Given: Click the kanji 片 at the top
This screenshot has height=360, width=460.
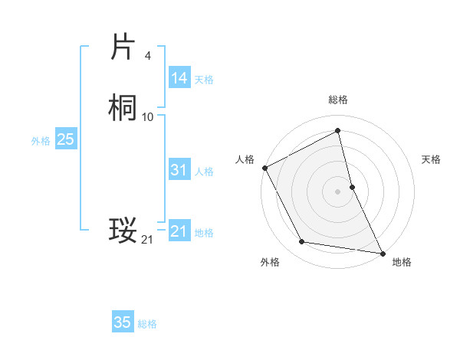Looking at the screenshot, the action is (x=123, y=48).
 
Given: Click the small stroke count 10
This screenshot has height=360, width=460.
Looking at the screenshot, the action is (x=148, y=116).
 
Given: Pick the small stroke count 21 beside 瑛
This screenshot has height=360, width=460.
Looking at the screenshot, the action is (x=147, y=240).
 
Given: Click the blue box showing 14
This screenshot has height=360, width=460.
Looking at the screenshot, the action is (x=179, y=78).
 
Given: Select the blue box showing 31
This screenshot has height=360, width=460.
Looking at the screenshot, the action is (x=179, y=170).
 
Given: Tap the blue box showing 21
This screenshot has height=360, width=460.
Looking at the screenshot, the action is (x=179, y=231).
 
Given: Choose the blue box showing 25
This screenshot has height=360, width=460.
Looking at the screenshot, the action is (x=65, y=139).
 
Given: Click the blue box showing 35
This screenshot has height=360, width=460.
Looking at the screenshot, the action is (x=123, y=322).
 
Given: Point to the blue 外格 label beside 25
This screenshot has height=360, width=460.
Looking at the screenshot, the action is (x=41, y=141).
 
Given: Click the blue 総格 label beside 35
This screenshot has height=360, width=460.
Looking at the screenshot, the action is (x=147, y=324).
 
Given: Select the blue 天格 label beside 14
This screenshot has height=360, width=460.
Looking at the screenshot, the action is (x=204, y=80).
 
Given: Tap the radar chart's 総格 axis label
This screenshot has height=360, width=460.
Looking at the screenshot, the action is (x=338, y=100).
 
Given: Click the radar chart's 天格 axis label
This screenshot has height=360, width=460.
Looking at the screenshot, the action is (x=432, y=159).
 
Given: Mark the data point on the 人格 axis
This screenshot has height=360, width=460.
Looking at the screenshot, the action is (x=264, y=168).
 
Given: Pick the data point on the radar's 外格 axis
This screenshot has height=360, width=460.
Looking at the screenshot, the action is (x=302, y=243).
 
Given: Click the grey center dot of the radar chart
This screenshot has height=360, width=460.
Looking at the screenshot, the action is (x=338, y=191).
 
